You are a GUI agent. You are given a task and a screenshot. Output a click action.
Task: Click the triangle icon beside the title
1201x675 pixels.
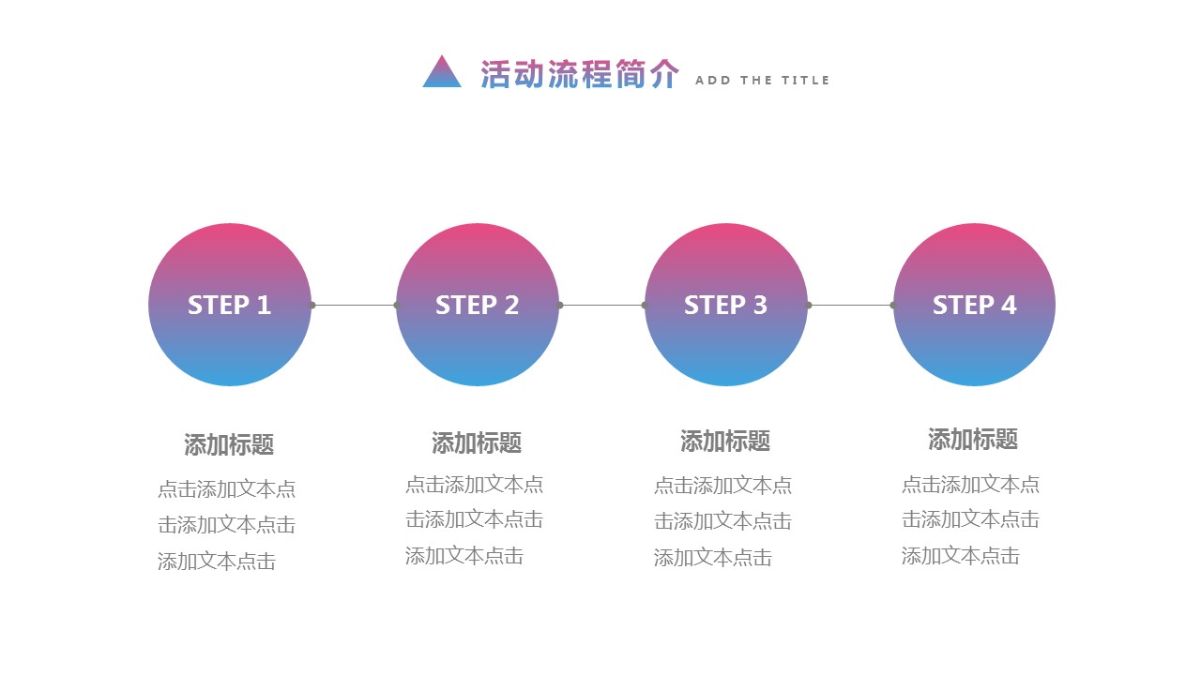(442, 73)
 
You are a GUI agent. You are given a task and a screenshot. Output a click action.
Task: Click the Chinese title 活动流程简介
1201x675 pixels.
(579, 75)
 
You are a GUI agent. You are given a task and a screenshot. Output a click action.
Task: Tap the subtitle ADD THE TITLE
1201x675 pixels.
(762, 81)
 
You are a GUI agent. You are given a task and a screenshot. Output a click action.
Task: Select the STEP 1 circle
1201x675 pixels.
(230, 305)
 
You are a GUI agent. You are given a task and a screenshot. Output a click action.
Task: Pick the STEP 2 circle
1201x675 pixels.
(478, 305)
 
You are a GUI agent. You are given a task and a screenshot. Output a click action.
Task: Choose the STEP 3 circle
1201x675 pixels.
(726, 305)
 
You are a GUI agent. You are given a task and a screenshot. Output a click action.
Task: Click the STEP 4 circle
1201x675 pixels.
(974, 305)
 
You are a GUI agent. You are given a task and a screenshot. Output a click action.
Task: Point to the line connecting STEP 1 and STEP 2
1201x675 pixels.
(355, 305)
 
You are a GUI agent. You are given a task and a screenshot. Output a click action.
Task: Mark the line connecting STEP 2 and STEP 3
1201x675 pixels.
(602, 305)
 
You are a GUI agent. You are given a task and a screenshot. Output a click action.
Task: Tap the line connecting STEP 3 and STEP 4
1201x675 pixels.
(850, 305)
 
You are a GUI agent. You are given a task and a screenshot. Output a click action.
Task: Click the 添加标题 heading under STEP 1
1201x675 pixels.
(229, 444)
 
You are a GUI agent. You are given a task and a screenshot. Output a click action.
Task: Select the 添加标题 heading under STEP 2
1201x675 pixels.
(477, 442)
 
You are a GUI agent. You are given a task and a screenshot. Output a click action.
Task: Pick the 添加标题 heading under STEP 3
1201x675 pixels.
(725, 441)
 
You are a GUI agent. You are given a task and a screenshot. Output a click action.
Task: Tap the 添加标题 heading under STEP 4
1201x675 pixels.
(973, 439)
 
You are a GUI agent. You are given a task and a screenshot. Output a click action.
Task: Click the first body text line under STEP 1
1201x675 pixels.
(227, 489)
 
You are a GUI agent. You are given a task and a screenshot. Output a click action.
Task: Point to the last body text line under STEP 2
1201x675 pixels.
(464, 556)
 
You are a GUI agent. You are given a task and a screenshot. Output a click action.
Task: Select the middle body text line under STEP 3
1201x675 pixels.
(722, 521)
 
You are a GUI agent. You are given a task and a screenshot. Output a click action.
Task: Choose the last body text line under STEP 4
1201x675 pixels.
(961, 556)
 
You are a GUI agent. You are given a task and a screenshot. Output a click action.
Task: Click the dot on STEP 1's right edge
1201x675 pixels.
(312, 305)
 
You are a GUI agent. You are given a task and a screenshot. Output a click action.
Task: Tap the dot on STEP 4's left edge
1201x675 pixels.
(892, 305)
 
